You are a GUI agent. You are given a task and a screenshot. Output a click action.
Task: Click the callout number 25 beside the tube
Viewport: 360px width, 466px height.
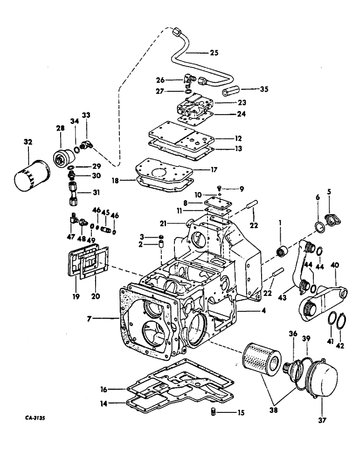click(214, 53)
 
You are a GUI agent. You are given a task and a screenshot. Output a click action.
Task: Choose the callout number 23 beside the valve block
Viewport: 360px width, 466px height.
click(242, 102)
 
